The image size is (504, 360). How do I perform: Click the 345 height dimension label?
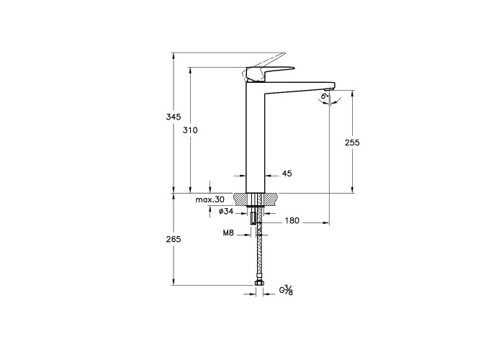[x=174, y=117]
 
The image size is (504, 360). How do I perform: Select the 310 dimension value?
[x=190, y=130]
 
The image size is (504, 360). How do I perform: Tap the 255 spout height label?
[x=352, y=143]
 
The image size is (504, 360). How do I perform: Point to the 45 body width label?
[x=287, y=174]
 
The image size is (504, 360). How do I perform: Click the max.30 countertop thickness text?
[x=210, y=199]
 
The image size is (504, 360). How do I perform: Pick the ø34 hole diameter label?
[x=226, y=211]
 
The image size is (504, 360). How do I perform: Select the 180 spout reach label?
[x=292, y=220]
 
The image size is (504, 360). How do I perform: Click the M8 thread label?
[x=228, y=233]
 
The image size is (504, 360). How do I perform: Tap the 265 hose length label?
[x=174, y=239]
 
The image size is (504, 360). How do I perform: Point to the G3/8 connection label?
[x=286, y=290]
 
